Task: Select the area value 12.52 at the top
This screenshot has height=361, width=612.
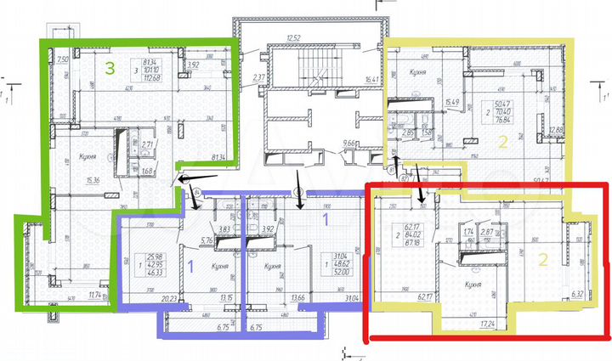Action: [x=295, y=37]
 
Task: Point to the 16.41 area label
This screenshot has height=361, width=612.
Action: [x=371, y=80]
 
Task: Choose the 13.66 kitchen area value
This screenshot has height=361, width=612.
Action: [x=275, y=298]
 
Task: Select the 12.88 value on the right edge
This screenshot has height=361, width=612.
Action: [x=557, y=129]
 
